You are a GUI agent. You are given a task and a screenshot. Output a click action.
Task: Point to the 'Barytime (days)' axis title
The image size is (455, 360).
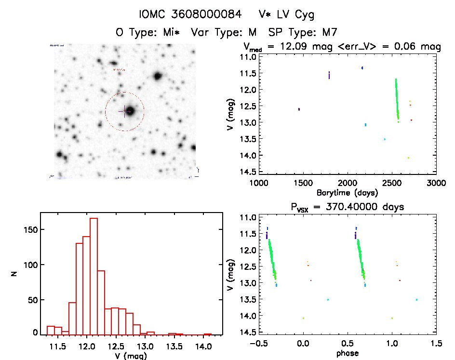[x=348, y=193]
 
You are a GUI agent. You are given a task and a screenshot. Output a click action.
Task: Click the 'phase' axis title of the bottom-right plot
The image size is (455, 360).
[x=348, y=354]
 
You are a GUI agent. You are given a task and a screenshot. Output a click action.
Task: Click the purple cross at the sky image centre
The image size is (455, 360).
[x=124, y=111]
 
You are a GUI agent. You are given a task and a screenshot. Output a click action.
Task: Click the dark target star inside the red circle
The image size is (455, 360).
[x=131, y=111]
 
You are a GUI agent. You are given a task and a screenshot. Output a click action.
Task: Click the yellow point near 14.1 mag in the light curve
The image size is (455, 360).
[x=408, y=158]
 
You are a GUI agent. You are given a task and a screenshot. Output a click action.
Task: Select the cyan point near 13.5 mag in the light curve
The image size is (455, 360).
[x=385, y=139]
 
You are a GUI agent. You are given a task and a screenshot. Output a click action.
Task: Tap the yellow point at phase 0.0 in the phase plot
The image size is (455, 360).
[x=303, y=318]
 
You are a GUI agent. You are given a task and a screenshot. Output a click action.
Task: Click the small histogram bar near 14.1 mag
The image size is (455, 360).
[x=207, y=334]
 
